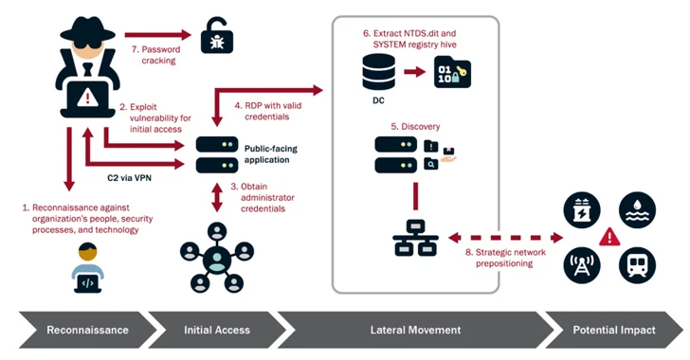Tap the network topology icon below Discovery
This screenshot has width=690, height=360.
(415, 239)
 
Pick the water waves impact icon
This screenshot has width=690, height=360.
(636, 211)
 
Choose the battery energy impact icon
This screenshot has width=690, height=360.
(581, 211)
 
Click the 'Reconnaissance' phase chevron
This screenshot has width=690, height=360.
(87, 330)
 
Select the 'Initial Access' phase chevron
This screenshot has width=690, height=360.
(216, 330)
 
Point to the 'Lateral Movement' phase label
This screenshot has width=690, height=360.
(416, 330)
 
